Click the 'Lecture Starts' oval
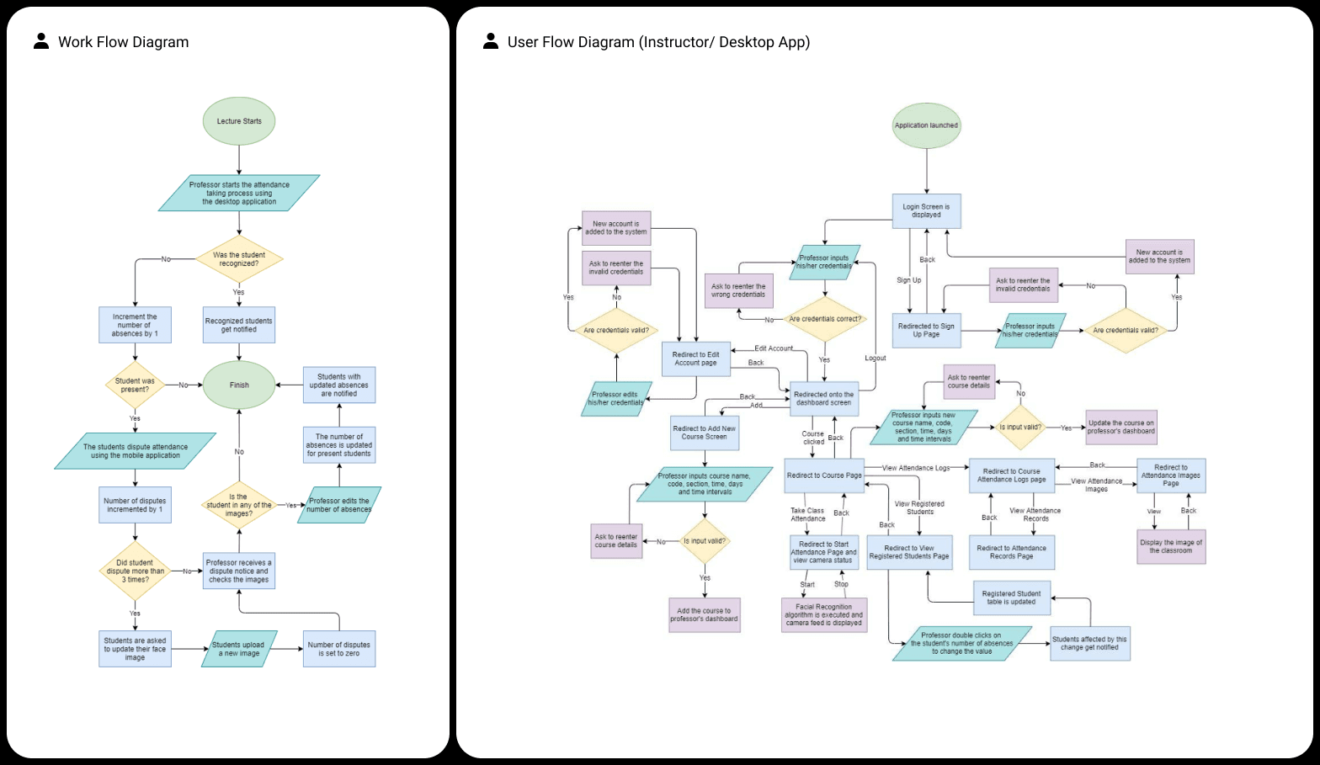click(239, 121)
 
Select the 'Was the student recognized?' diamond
click(239, 259)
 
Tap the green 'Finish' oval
click(239, 385)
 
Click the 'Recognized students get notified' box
click(239, 325)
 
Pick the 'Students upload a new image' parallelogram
click(239, 649)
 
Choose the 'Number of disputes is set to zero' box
click(339, 649)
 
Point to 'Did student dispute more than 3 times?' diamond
click(135, 571)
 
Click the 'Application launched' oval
click(926, 125)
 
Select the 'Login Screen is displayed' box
click(926, 211)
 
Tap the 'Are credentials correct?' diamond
click(825, 319)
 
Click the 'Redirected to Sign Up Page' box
click(926, 330)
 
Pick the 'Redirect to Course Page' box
click(824, 475)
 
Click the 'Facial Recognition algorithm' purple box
click(823, 614)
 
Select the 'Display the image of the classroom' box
click(1171, 546)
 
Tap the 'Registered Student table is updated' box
click(1012, 598)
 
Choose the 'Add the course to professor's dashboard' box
click(704, 615)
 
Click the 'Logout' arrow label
click(876, 359)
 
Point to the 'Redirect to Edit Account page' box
click(695, 359)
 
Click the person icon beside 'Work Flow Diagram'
click(41, 41)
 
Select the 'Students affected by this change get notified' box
click(1089, 644)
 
